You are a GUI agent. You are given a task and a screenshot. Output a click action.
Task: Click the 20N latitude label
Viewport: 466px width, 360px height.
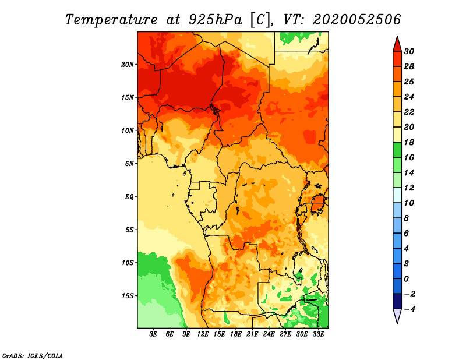pyautogui.click(x=128, y=65)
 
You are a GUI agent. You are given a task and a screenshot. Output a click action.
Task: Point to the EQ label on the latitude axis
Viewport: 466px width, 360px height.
pyautogui.click(x=129, y=197)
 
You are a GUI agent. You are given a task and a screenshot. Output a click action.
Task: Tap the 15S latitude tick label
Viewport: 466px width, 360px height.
pyautogui.click(x=128, y=296)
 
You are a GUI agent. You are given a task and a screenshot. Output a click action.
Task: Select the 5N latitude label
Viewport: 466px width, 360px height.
pyautogui.click(x=129, y=164)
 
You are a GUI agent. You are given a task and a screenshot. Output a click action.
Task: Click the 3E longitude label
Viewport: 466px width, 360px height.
pyautogui.click(x=153, y=334)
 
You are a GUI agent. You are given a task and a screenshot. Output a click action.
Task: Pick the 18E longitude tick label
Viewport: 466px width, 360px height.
pyautogui.click(x=236, y=334)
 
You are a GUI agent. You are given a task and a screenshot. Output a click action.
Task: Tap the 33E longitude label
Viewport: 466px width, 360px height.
pyautogui.click(x=318, y=334)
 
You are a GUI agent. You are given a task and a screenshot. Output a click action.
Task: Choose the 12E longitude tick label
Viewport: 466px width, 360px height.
pyautogui.click(x=203, y=334)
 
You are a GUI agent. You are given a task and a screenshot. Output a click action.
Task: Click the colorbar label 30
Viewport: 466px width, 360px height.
pyautogui.click(x=409, y=51)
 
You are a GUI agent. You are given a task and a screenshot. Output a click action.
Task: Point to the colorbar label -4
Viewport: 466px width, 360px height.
pyautogui.click(x=409, y=309)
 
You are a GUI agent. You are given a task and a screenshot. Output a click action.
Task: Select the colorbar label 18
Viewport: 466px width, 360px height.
pyautogui.click(x=409, y=142)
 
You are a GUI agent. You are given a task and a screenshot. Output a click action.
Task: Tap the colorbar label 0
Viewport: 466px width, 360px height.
pyautogui.click(x=406, y=279)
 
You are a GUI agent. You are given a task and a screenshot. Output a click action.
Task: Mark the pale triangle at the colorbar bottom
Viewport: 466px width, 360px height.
pyautogui.click(x=397, y=315)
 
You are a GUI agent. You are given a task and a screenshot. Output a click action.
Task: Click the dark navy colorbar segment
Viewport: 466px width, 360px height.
pyautogui.click(x=397, y=301)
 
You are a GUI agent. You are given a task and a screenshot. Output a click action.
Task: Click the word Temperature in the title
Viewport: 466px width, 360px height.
pyautogui.click(x=111, y=20)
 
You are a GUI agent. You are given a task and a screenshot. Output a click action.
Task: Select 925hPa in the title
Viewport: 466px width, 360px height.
pyautogui.click(x=216, y=20)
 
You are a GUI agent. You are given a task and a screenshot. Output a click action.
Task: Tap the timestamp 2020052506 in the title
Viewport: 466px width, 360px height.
pyautogui.click(x=357, y=20)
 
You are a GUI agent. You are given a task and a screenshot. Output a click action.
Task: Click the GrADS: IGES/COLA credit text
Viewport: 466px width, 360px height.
pyautogui.click(x=33, y=356)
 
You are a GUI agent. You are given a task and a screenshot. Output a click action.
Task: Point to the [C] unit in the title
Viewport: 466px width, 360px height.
pyautogui.click(x=260, y=20)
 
